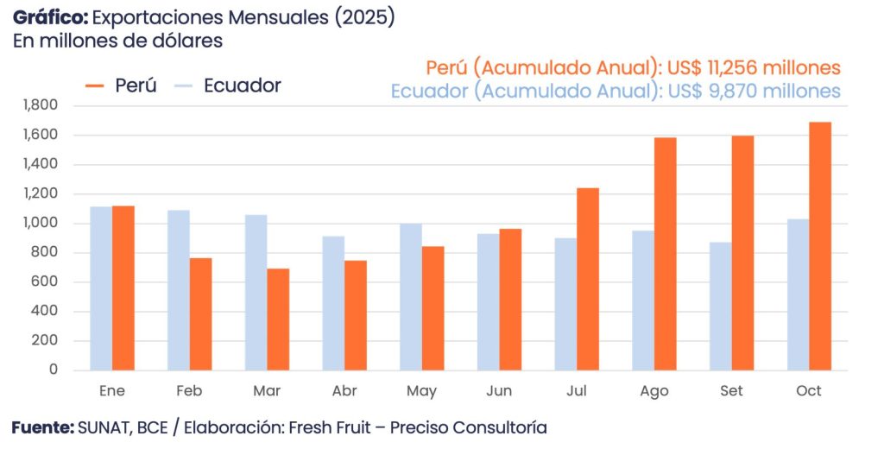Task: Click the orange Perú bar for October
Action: click(820, 246)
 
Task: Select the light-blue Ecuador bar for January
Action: click(101, 288)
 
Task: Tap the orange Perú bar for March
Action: click(278, 319)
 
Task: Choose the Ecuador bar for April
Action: click(333, 303)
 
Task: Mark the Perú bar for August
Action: click(666, 254)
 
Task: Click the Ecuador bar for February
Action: click(179, 290)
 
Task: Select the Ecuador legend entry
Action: click(228, 85)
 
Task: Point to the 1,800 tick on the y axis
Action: click(41, 105)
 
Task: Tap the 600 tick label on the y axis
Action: click(47, 281)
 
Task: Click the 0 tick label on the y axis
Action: click(54, 370)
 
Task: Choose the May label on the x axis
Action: click(421, 391)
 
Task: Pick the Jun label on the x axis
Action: click(499, 391)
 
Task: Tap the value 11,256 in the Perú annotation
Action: click(742, 67)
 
